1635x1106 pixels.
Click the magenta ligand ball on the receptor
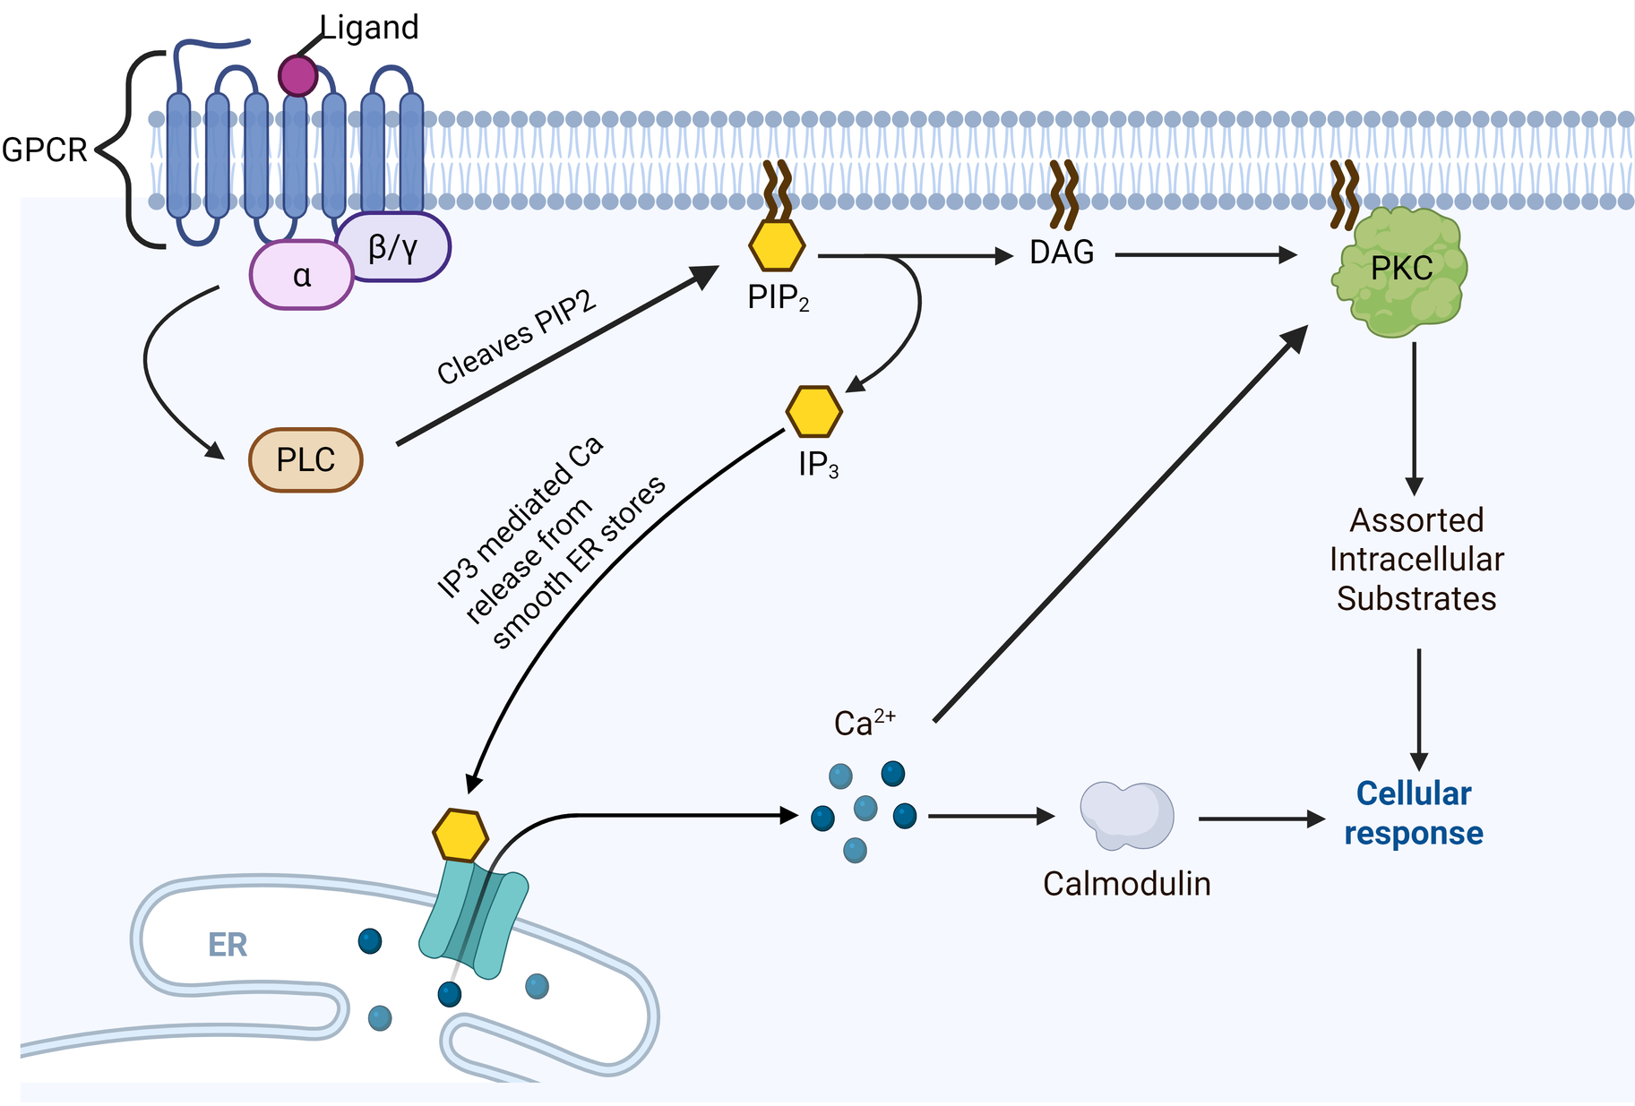[297, 75]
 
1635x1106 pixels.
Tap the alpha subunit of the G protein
[302, 276]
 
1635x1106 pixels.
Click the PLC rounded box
[305, 460]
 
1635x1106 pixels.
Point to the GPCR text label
[44, 150]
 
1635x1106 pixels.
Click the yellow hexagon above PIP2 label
[777, 245]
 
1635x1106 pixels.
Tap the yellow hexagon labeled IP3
[813, 411]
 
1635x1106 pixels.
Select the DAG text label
[1062, 253]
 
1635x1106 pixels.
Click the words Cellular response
[1413, 813]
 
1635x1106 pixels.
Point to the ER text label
[227, 945]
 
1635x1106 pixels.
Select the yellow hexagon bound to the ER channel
[460, 835]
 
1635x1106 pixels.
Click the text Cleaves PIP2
[516, 338]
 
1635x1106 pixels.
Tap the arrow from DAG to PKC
[1205, 255]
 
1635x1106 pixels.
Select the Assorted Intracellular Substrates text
[1416, 559]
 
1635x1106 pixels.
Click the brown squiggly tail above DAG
[1063, 193]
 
